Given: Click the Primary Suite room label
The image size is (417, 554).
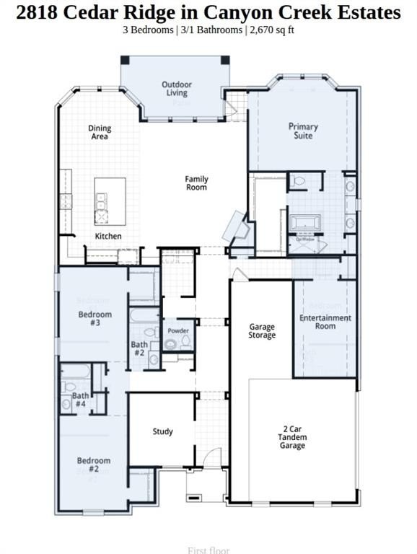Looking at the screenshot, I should [x=303, y=131].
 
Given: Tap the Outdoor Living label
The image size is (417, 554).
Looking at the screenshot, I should [x=176, y=89].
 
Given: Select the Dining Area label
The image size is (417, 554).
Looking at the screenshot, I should [x=100, y=133].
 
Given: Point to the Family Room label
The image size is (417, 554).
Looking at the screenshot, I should [x=196, y=183].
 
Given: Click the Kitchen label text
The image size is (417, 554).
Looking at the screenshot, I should [x=108, y=236].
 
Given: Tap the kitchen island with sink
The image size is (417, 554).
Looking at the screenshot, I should [x=109, y=201].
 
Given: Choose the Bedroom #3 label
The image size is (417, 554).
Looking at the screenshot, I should [x=95, y=319].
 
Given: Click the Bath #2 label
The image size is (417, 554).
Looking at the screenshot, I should [x=139, y=349].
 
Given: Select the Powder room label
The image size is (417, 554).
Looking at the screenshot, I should [x=177, y=331].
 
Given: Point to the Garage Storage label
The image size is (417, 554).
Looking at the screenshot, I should [x=262, y=331].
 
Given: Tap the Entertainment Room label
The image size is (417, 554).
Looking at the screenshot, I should [x=325, y=322].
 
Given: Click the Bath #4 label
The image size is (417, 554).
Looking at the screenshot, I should [x=80, y=400].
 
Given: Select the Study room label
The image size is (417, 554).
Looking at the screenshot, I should [x=162, y=431].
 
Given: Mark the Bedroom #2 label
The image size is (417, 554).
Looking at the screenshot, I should [x=94, y=465].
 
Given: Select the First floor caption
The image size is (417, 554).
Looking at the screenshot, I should [x=208, y=550].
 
